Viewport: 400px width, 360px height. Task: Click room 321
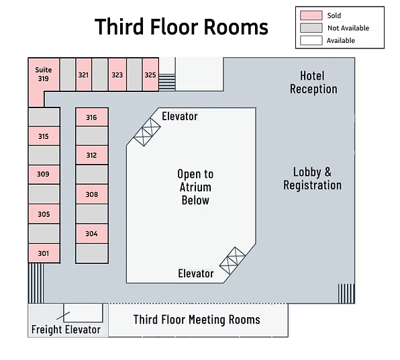coord(84,75)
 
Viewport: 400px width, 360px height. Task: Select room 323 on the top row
coord(117,75)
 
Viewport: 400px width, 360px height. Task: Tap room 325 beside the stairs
coord(150,75)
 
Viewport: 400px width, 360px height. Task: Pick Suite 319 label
coord(44,74)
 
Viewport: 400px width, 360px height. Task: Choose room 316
coord(91,117)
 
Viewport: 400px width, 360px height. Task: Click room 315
coord(44,136)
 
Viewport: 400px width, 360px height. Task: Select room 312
coord(91,155)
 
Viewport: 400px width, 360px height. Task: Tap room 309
coord(44,174)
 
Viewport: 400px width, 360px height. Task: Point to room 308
coord(91,194)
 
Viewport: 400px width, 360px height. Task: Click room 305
coord(44,214)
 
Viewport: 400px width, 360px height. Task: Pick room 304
coord(91,234)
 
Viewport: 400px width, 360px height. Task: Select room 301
coord(44,253)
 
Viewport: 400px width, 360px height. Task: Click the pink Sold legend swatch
coord(311,15)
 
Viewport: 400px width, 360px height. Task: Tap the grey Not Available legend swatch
coord(311,28)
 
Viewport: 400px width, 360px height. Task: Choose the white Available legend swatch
coord(311,40)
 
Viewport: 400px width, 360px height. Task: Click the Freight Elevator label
coord(66,329)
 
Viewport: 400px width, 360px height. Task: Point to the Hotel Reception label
coord(313,82)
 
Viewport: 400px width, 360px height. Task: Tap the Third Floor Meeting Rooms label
coord(197,320)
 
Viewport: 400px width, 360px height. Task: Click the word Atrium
coord(195,187)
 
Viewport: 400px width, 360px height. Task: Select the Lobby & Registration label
coord(313,179)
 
